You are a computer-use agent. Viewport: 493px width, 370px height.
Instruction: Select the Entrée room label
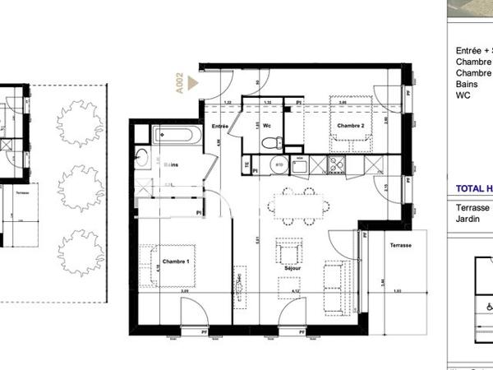tap(219, 126)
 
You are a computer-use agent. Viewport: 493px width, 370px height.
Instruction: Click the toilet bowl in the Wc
tap(270, 143)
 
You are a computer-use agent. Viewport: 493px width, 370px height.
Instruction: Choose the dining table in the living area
tap(297, 206)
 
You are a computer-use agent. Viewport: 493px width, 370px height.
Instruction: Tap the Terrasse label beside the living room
tap(401, 246)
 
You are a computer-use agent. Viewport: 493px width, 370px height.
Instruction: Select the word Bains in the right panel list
tap(466, 84)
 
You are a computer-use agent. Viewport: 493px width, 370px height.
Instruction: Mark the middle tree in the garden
tap(81, 187)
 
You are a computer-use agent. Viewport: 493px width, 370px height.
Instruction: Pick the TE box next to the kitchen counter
tap(246, 164)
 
